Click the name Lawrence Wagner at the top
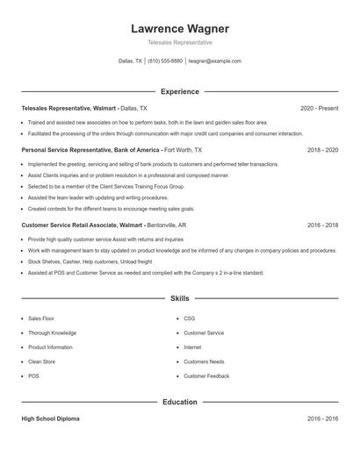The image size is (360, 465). tap(179, 29)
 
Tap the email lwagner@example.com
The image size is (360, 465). tap(214, 61)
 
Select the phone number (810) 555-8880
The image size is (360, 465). tap(165, 61)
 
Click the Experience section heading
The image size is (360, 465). tap(179, 91)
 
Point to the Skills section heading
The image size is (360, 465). tap(179, 299)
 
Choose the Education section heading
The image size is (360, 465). tap(179, 402)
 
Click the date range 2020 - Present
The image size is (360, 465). tap(319, 108)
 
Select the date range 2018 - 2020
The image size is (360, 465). tap(322, 150)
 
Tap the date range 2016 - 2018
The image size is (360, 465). tap(322, 225)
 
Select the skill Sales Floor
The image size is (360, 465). tap(40, 318)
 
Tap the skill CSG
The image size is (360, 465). tap(189, 318)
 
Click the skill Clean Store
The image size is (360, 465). tap(41, 361)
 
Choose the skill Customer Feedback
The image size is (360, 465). tap(206, 376)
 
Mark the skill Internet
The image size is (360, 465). tap(192, 347)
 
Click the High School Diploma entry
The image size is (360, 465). tap(50, 419)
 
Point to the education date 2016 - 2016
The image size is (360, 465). tap(322, 419)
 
